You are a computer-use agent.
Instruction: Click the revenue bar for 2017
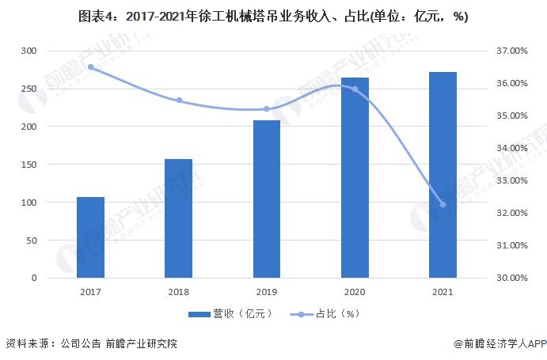(x=90, y=237)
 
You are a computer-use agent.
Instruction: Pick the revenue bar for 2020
(x=355, y=178)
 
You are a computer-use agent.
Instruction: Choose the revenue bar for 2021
(x=443, y=175)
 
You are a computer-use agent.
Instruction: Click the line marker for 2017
(x=90, y=67)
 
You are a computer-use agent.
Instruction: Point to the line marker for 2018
(x=179, y=100)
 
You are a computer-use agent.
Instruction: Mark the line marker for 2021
(x=443, y=204)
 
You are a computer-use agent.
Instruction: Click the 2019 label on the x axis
(x=267, y=291)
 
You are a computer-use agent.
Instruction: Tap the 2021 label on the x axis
(x=443, y=291)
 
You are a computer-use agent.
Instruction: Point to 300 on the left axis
(x=28, y=51)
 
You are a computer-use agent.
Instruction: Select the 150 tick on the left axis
(x=28, y=165)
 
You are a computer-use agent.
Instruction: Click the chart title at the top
(x=273, y=17)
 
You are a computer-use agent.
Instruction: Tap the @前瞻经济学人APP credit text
(x=500, y=344)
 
